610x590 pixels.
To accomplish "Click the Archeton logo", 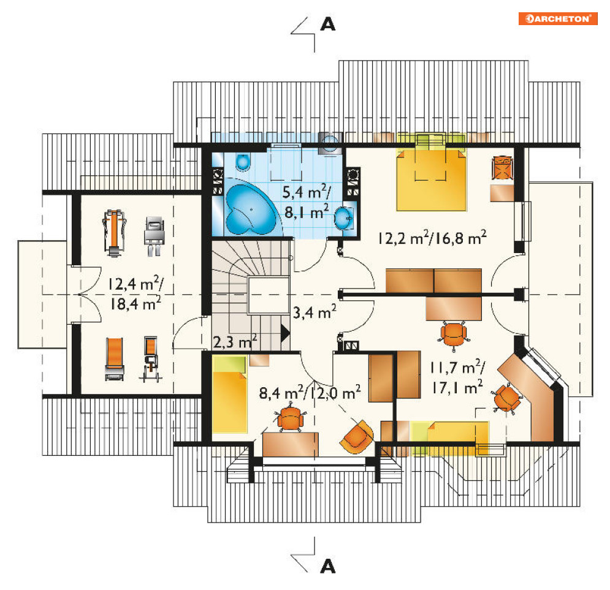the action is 557,18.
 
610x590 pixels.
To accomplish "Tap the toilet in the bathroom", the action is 243,162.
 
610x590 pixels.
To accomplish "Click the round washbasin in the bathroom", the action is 343,219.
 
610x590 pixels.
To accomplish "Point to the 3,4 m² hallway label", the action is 315,312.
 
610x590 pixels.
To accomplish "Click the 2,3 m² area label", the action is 235,342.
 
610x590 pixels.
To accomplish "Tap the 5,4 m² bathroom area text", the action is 307,192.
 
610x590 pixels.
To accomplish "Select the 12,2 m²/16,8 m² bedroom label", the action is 432,238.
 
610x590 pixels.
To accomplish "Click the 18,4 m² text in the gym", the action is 135,303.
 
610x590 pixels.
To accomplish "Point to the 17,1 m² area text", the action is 457,387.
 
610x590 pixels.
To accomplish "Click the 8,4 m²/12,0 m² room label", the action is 310,393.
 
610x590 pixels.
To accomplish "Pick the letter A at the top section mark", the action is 327,25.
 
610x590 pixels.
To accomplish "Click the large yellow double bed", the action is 431,179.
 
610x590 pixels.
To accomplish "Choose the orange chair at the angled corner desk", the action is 507,397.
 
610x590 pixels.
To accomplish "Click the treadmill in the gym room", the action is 113,233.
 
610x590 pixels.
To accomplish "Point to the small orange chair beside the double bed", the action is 502,167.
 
